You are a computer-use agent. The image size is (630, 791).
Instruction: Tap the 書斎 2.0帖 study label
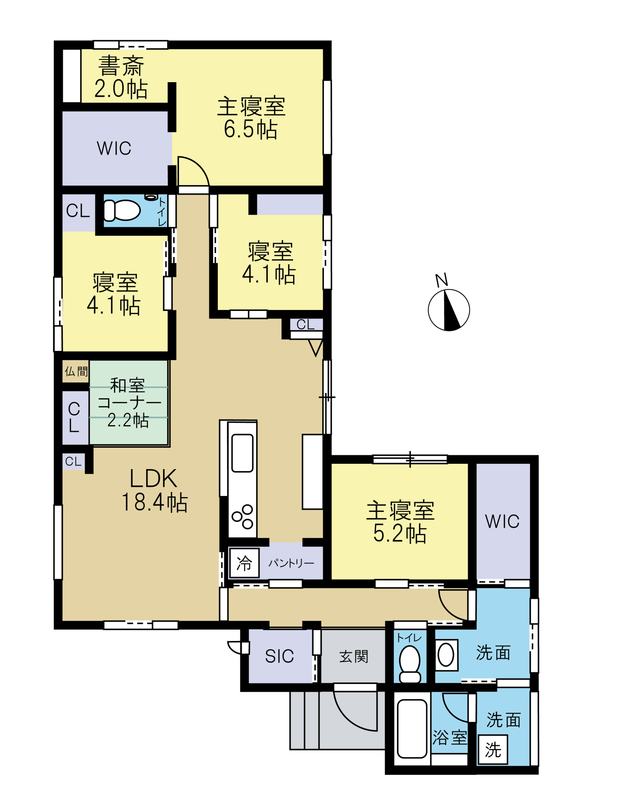(x=121, y=77)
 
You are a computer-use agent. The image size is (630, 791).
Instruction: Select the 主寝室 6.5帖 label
(x=251, y=117)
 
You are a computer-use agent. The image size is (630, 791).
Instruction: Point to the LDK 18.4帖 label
(x=154, y=490)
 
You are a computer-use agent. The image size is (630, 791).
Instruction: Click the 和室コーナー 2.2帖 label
(x=129, y=403)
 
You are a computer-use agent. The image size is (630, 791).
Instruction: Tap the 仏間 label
(x=76, y=372)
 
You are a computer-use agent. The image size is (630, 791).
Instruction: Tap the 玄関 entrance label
(x=353, y=656)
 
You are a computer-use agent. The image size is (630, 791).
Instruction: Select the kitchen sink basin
(x=242, y=453)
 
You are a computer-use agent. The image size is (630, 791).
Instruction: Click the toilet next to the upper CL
(x=122, y=210)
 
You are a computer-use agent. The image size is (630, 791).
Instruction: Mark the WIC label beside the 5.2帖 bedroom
(x=502, y=521)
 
